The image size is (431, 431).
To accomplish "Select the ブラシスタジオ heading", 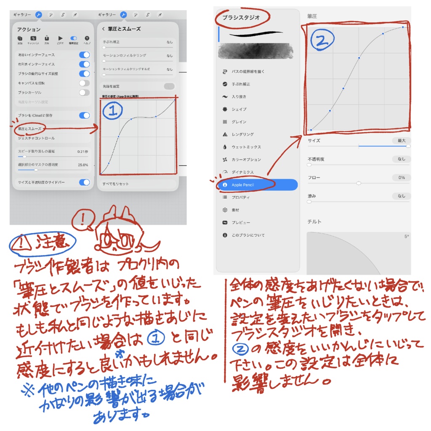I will point(241,18).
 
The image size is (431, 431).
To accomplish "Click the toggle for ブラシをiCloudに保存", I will point(84,115).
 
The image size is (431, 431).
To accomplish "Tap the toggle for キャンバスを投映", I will point(84,83).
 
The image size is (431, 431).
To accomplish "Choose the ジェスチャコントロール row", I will point(36,138).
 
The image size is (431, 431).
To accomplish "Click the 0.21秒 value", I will point(82,151).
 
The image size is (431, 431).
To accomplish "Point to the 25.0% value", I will point(82,165).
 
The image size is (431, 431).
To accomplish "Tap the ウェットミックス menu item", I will point(246,147).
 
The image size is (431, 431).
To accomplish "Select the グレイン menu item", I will point(239,122).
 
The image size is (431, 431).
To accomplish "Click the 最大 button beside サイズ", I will point(401,141).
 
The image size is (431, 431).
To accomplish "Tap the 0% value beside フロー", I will point(401,178).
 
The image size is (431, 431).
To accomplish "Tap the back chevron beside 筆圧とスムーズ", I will point(104,29).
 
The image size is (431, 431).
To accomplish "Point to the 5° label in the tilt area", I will point(406,237).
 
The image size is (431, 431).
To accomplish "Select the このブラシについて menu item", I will point(248,235).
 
